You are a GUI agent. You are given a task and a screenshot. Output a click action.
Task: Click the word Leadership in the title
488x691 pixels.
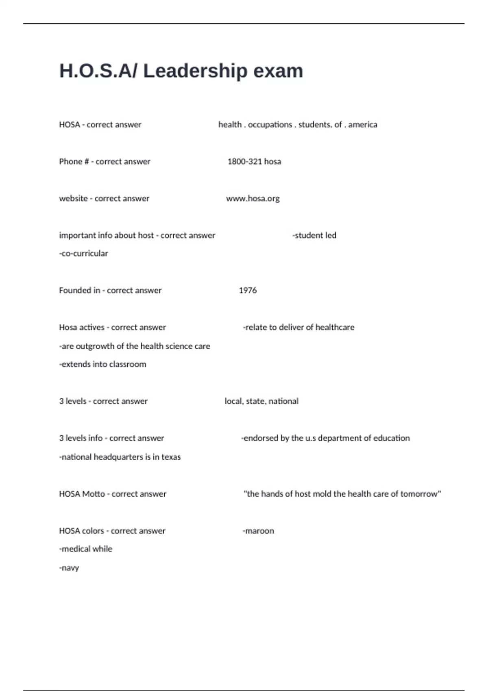195,71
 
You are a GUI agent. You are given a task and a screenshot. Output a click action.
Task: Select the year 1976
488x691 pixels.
248,290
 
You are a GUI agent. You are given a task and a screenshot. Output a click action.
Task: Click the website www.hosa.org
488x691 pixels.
253,198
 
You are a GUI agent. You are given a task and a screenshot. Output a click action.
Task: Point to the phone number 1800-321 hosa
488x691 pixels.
254,161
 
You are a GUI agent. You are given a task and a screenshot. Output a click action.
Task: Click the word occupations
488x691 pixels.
270,124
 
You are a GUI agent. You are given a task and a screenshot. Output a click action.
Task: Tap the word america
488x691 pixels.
363,124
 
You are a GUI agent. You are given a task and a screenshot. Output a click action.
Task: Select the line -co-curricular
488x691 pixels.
83,253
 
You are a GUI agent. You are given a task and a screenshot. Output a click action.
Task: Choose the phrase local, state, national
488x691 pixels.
261,401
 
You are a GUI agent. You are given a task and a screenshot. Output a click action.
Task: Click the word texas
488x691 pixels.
171,457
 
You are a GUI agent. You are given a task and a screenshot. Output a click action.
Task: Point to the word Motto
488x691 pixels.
94,494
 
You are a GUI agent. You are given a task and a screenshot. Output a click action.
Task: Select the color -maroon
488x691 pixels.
258,531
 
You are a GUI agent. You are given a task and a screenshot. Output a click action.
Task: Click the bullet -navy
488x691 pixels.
69,568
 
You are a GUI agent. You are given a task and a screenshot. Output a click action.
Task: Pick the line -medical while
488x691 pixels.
85,549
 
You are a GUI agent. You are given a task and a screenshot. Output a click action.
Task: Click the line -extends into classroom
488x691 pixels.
102,364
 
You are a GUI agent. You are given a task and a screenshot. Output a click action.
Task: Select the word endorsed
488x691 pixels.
261,438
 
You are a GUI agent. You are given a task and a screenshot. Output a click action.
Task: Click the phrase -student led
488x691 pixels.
314,235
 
